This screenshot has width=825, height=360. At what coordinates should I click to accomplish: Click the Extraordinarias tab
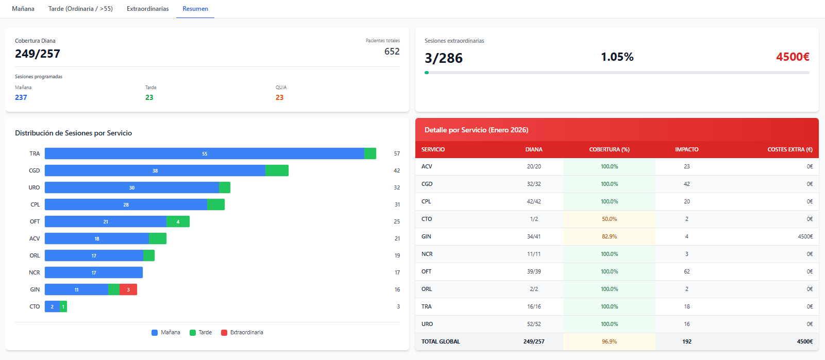(147, 9)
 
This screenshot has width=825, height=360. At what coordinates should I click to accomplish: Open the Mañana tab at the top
(23, 9)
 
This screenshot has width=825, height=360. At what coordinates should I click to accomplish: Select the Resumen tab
(195, 9)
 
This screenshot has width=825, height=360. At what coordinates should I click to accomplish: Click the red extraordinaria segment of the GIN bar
(128, 289)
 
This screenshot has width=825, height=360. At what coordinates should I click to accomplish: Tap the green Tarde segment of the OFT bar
(178, 221)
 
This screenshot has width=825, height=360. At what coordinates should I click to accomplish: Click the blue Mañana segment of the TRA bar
(205, 153)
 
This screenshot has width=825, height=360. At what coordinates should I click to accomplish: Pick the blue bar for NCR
(94, 272)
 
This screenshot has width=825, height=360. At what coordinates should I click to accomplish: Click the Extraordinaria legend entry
(242, 333)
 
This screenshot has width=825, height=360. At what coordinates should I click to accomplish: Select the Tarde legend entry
(201, 333)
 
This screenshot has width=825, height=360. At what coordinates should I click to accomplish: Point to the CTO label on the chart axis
(35, 306)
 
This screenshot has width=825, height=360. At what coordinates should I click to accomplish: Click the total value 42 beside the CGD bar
(397, 170)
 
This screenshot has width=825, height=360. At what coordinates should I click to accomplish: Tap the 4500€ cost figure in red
(793, 57)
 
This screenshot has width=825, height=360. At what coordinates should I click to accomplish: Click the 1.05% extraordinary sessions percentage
(617, 57)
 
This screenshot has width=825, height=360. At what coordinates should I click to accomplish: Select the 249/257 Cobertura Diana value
(38, 54)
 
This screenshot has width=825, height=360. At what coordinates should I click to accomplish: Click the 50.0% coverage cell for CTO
(609, 219)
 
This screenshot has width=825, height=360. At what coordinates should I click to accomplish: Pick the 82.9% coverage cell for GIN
(609, 236)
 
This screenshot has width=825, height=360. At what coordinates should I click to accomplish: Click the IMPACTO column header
(686, 149)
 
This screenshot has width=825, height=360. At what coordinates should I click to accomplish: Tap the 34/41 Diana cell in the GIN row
(534, 236)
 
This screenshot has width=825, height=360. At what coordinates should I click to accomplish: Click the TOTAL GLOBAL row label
(441, 341)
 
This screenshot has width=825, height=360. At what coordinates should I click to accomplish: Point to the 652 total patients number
(392, 52)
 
